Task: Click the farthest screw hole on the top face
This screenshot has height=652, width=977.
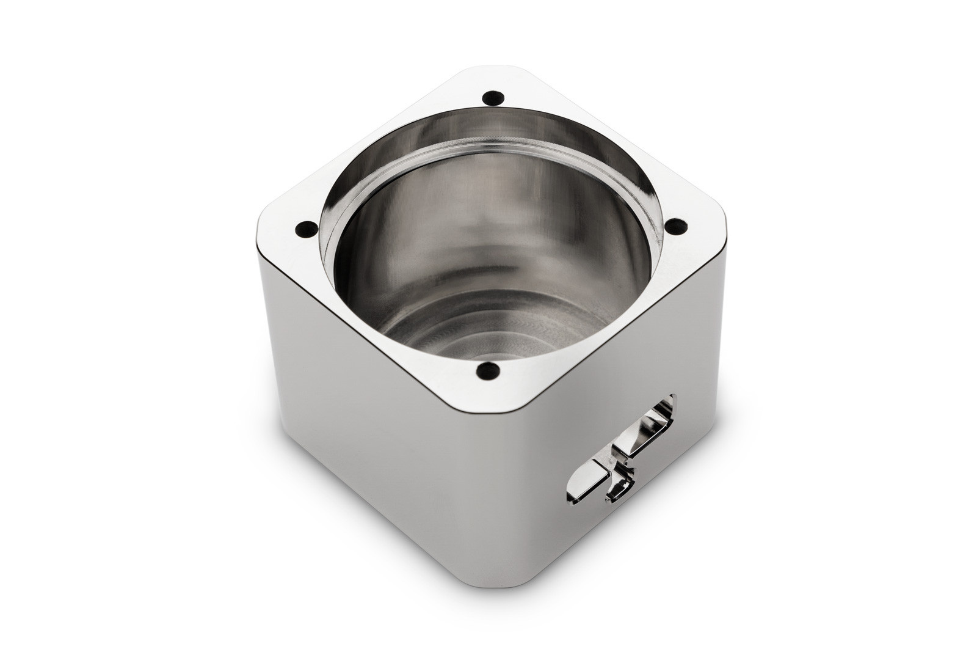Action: point(492,97)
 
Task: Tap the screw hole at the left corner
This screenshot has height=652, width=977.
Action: point(302,231)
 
